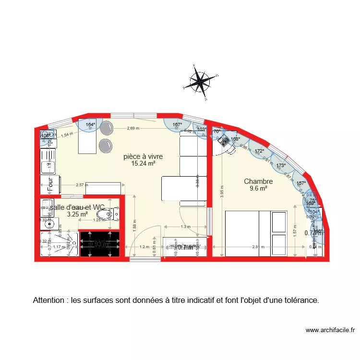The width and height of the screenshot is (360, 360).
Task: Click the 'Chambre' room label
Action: (x=258, y=181)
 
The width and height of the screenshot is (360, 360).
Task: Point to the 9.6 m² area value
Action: (x=258, y=189)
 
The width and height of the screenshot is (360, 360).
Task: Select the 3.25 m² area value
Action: (x=77, y=215)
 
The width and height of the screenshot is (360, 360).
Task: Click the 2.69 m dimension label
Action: (x=133, y=128)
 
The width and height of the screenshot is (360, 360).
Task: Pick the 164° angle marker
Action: (x=90, y=125)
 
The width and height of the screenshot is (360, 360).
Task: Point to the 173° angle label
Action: (x=281, y=166)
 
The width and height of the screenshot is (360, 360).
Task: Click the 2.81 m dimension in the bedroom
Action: (x=258, y=247)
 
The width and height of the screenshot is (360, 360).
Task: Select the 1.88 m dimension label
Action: (x=135, y=221)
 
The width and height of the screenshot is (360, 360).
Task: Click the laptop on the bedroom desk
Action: (x=224, y=141)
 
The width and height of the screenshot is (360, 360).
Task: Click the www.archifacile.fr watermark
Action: (x=330, y=330)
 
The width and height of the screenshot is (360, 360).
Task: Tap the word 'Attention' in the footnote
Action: (x=49, y=300)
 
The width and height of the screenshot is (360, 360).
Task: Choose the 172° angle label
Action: (x=259, y=151)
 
